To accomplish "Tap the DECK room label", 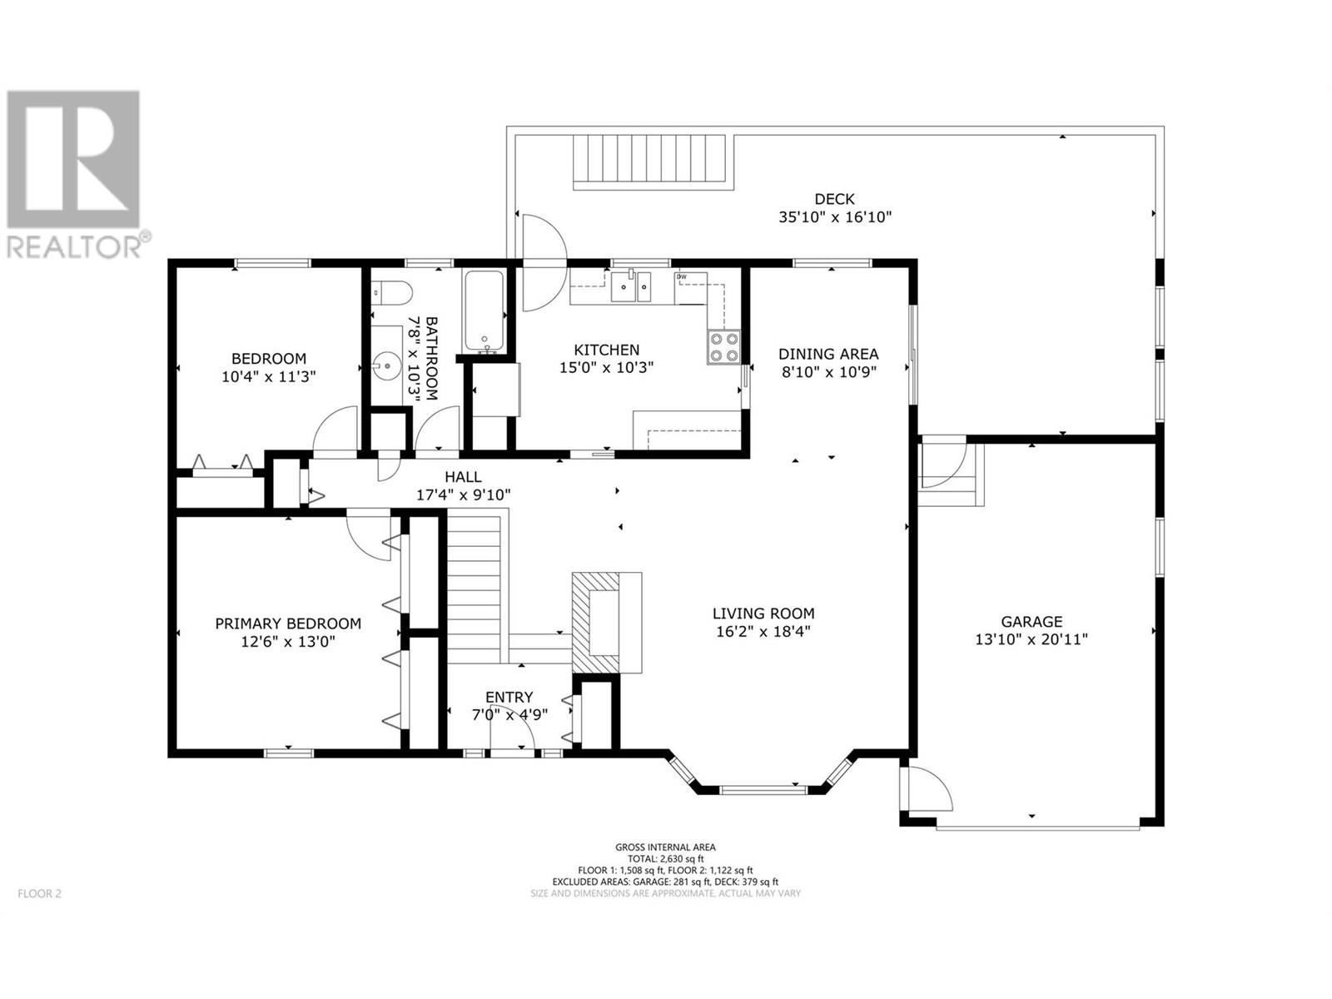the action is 834,199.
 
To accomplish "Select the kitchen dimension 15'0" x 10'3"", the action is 606,368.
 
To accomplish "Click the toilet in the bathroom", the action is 391,292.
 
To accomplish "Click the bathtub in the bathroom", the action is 485,311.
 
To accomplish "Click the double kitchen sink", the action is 631,286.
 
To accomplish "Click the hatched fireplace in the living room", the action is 595,623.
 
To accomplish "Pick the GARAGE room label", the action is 1031,621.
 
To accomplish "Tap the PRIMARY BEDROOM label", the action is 288,624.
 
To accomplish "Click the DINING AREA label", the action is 828,354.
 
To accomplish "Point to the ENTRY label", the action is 509,697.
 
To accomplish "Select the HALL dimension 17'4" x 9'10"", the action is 463,495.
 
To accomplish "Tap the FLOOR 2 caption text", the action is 39,893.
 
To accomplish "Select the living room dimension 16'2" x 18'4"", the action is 763,631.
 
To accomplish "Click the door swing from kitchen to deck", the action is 544,263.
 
